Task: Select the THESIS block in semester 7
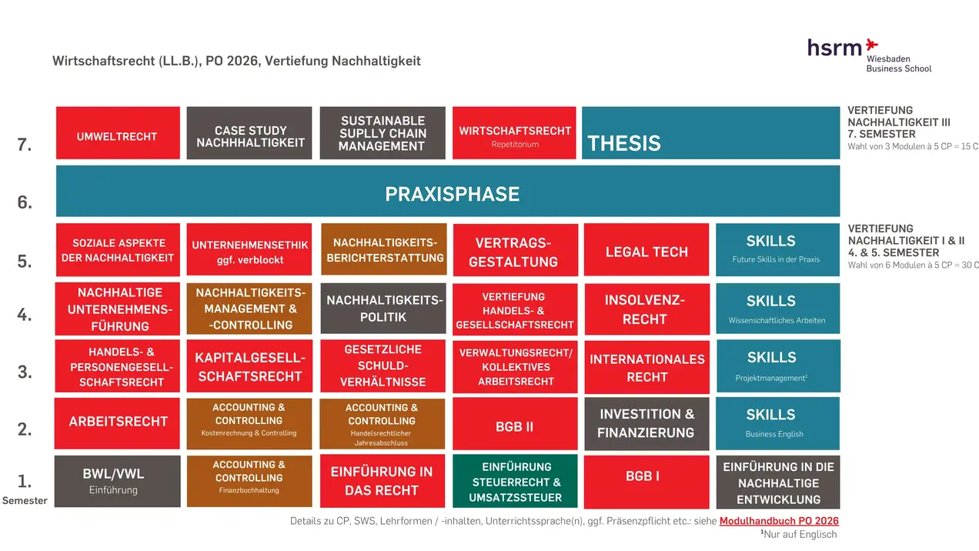[710, 133]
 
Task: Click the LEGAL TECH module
[647, 250]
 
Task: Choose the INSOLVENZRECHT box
[647, 309]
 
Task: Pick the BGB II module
[515, 425]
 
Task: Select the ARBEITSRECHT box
[118, 422]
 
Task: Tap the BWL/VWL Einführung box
[118, 481]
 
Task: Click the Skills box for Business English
[778, 422]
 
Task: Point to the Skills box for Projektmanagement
[778, 366]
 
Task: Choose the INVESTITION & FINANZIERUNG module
[647, 423]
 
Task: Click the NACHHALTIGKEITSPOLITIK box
[383, 309]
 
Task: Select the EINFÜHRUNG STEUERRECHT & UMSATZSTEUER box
[515, 482]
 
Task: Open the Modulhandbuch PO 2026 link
[779, 521]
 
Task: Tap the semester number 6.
[25, 202]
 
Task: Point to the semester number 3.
[25, 372]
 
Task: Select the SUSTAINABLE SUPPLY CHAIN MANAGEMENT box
[383, 133]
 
